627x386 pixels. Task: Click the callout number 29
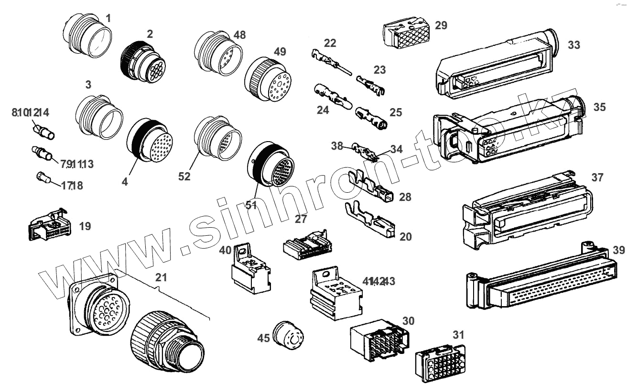[441, 25]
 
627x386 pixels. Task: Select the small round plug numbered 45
[288, 335]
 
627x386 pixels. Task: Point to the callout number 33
[573, 45]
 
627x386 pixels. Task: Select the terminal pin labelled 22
[330, 62]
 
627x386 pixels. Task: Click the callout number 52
[184, 176]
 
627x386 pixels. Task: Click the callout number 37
[597, 177]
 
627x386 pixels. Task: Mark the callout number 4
[125, 182]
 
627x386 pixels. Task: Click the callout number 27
[300, 219]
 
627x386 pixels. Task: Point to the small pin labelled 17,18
[44, 178]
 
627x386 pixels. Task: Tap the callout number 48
[239, 34]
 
